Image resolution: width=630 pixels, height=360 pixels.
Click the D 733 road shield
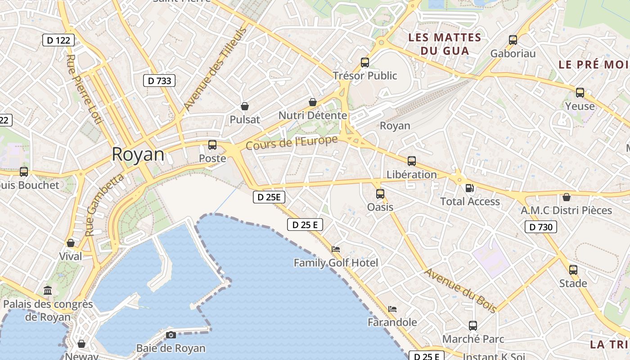tap(159, 81)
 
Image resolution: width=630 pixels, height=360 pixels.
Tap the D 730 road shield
tap(541, 227)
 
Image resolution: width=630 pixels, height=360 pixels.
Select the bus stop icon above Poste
tap(212, 145)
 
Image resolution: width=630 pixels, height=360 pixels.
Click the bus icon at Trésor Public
tap(365, 63)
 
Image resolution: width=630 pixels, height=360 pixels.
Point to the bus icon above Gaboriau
tap(513, 40)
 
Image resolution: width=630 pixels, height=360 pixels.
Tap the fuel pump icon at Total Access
tap(469, 188)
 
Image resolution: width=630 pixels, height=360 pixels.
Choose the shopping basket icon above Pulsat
tap(245, 106)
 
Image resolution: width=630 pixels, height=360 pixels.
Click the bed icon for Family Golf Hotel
tap(336, 249)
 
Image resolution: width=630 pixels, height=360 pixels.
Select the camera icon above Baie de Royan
tap(171, 335)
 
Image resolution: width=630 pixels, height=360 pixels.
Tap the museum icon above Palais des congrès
tap(48, 291)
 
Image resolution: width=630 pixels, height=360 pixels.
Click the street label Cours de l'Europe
tap(292, 143)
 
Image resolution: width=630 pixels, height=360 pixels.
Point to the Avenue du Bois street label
tap(461, 290)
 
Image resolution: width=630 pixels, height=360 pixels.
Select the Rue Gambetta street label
tap(104, 205)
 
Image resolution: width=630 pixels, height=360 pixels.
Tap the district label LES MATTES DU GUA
tap(445, 44)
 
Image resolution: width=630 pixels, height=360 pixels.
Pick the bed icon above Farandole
tap(392, 309)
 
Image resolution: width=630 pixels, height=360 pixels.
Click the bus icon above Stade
tap(573, 270)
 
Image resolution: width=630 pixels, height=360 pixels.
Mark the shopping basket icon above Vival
tap(71, 243)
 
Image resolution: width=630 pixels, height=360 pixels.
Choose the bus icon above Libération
tap(412, 161)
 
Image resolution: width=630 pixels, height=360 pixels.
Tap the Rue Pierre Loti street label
tap(84, 90)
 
